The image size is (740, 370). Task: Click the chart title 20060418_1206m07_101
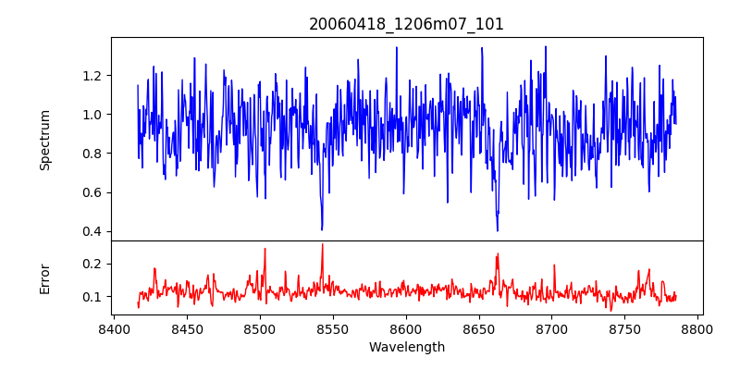coord(406,24)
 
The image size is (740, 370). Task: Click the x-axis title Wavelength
coord(406,347)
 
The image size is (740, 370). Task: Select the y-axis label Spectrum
coord(45,140)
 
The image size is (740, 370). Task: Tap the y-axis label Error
coord(45,278)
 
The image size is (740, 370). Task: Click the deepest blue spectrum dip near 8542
coord(322,229)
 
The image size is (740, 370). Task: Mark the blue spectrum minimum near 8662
coord(498,230)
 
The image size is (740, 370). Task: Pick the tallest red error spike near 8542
coord(322,244)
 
